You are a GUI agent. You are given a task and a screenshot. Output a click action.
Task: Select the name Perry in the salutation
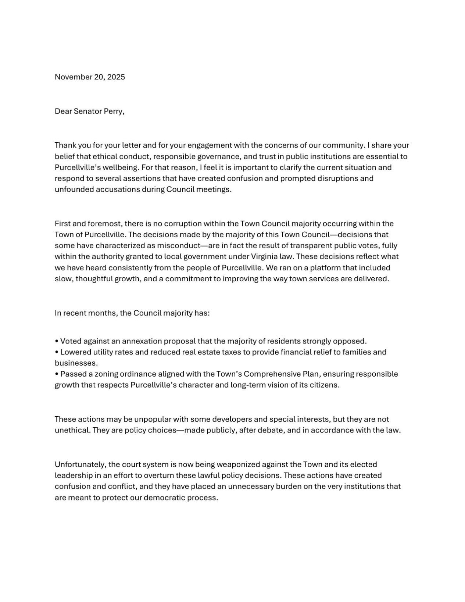pyautogui.click(x=114, y=111)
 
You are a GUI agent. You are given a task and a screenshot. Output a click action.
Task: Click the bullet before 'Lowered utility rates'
pyautogui.click(x=57, y=352)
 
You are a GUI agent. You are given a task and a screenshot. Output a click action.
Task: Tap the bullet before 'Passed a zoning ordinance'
pyautogui.click(x=57, y=374)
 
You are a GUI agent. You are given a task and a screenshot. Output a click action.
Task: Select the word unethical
pyautogui.click(x=72, y=430)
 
